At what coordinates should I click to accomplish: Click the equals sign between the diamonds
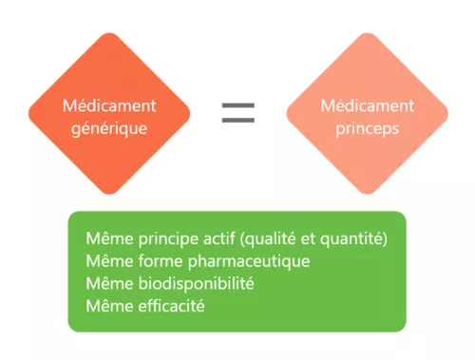237,113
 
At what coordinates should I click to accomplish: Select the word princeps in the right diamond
367,127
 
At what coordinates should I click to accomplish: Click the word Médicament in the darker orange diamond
109,105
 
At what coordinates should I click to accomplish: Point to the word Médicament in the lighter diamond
367,104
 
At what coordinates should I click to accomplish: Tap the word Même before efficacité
104,306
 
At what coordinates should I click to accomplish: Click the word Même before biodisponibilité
104,283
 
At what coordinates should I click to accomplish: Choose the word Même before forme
104,260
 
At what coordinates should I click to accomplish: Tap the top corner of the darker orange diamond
109,34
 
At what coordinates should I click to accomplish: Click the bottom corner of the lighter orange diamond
367,194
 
